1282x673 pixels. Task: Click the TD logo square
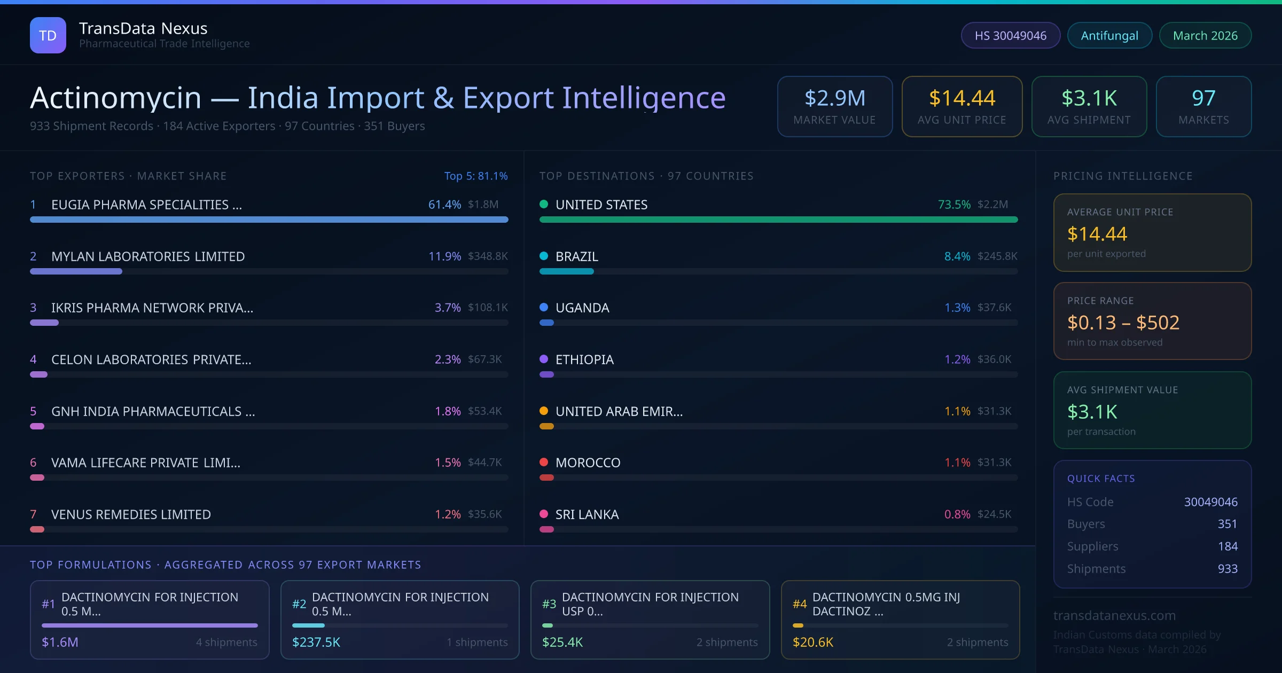click(48, 35)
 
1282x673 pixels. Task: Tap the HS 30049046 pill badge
click(1010, 35)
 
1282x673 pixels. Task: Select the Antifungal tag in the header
click(1109, 35)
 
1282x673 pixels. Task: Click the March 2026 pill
click(1205, 35)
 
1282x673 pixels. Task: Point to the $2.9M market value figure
click(834, 98)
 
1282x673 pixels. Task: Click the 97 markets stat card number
click(1203, 98)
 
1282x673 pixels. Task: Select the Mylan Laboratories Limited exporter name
click(148, 256)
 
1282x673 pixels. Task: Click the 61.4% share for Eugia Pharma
click(444, 205)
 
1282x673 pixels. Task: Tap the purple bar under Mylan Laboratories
click(76, 271)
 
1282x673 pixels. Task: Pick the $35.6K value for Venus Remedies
click(484, 514)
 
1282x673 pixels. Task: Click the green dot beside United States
click(544, 204)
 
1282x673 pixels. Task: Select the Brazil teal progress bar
click(566, 271)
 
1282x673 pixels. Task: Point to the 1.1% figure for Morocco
click(957, 463)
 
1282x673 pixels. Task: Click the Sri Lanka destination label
click(587, 514)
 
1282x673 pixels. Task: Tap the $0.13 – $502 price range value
click(1123, 323)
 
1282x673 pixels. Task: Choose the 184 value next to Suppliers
click(1228, 546)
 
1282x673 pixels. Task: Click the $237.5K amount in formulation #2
click(316, 642)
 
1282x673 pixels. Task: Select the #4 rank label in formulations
click(800, 604)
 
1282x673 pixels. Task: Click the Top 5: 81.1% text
click(476, 176)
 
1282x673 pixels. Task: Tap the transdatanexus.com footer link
click(1114, 615)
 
